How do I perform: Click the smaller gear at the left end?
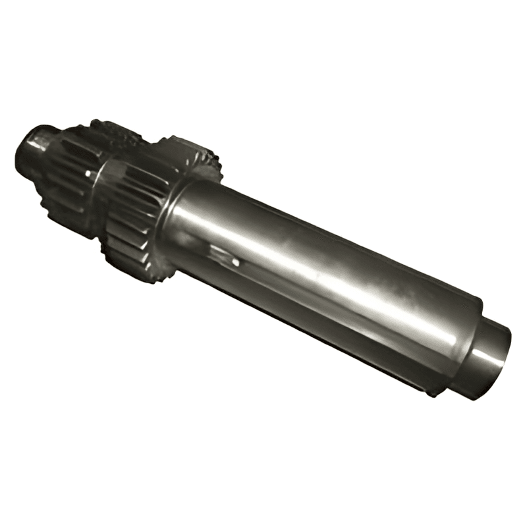pyautogui.click(x=69, y=175)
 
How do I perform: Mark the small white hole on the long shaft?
pyautogui.click(x=236, y=262)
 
